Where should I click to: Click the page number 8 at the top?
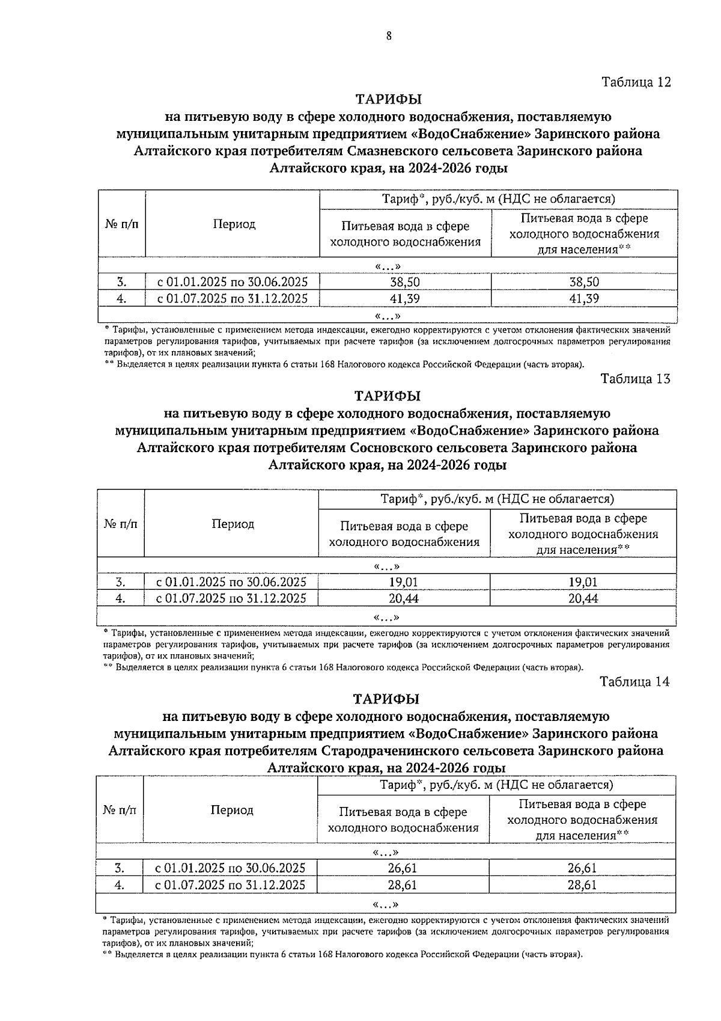coord(389,36)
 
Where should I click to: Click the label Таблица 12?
coord(636,82)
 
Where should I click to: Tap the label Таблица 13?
coord(635,379)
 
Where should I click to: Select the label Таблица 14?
coord(634,681)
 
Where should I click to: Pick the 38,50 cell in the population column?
coord(584,282)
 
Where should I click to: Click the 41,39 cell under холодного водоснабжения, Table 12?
coord(405,298)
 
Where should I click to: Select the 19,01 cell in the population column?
coord(583,582)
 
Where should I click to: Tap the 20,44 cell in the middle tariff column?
coord(404,598)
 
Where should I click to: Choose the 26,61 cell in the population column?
coord(582,868)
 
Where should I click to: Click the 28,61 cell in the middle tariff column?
coord(403,885)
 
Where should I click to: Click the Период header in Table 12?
coord(234,224)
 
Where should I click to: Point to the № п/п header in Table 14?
coord(120,810)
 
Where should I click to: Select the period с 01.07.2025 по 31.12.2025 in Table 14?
coord(230,885)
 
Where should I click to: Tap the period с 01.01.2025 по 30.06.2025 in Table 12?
coord(233,282)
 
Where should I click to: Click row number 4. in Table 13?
coord(120,598)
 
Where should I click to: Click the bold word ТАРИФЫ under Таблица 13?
coord(388,396)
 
